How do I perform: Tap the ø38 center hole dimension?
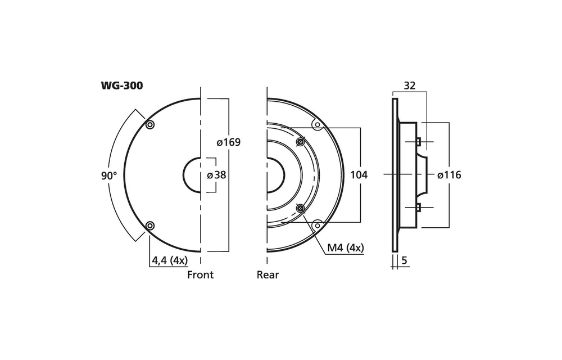217,175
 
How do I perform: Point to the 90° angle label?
109,175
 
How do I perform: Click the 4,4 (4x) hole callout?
170,260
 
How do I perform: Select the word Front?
200,275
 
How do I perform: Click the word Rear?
268,275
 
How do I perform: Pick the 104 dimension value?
359,175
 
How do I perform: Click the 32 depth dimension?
410,86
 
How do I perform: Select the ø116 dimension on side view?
449,175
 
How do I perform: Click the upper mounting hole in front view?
149,125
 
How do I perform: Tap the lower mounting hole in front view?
149,226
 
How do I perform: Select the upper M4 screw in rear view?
300,141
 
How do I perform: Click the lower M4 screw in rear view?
300,209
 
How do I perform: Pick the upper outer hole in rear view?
317,125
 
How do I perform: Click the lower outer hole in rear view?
317,225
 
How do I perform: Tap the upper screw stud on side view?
419,141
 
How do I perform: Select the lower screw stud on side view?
419,208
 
